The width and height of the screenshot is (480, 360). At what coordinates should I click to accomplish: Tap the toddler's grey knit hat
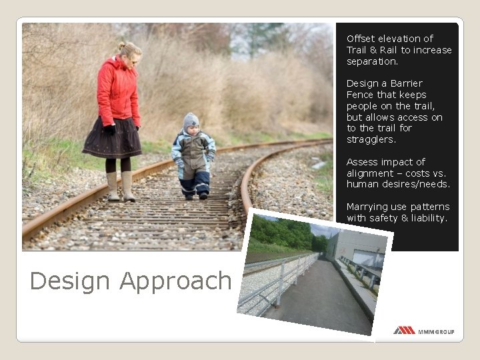click(x=191, y=121)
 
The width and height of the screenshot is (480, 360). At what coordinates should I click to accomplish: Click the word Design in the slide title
click(x=71, y=281)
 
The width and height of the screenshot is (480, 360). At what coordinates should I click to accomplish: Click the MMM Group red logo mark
click(x=404, y=330)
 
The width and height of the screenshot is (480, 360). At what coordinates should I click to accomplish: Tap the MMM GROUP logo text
click(x=436, y=331)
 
